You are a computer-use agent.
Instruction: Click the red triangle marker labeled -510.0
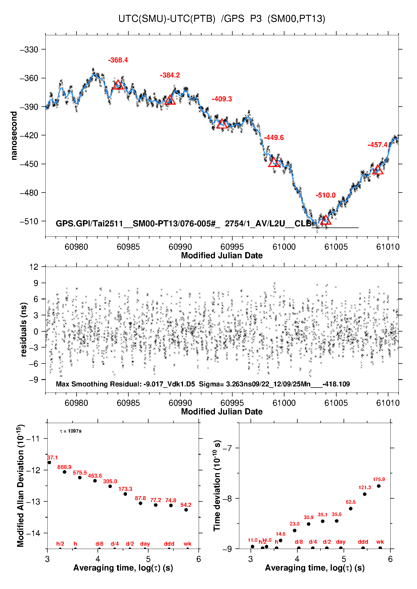325,220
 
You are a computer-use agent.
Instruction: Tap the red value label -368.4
118,60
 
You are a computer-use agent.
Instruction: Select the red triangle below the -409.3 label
222,124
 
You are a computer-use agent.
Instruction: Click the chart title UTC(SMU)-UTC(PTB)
167,19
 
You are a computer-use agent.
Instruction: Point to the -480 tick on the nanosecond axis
29,193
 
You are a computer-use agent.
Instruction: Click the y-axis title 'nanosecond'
14,136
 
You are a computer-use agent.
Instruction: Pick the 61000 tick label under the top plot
284,247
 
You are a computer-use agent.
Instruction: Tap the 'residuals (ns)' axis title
24,329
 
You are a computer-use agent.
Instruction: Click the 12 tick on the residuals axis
34,267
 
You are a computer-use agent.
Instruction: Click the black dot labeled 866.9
64,472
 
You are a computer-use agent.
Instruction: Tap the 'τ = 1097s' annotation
71,431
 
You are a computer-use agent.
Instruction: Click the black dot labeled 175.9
379,486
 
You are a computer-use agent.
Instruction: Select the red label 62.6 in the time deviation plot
351,502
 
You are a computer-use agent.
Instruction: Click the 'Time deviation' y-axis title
217,486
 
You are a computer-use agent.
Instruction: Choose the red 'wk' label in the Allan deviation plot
187,544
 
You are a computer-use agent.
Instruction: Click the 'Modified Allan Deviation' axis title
20,486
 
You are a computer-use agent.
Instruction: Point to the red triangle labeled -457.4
377,170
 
